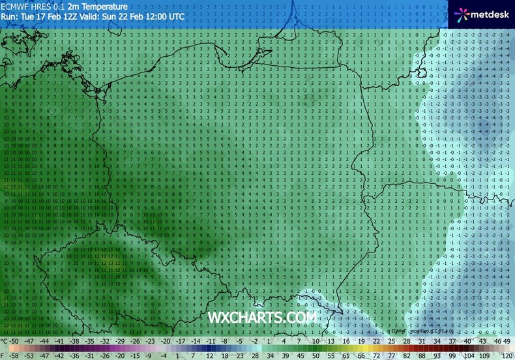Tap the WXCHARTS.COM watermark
pyautogui.click(x=263, y=317)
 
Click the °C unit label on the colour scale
pyautogui.click(x=5, y=340)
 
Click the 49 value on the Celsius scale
pyautogui.click(x=507, y=340)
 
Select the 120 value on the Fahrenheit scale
pyautogui.click(x=506, y=356)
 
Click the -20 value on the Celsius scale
pyautogui.click(x=166, y=340)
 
